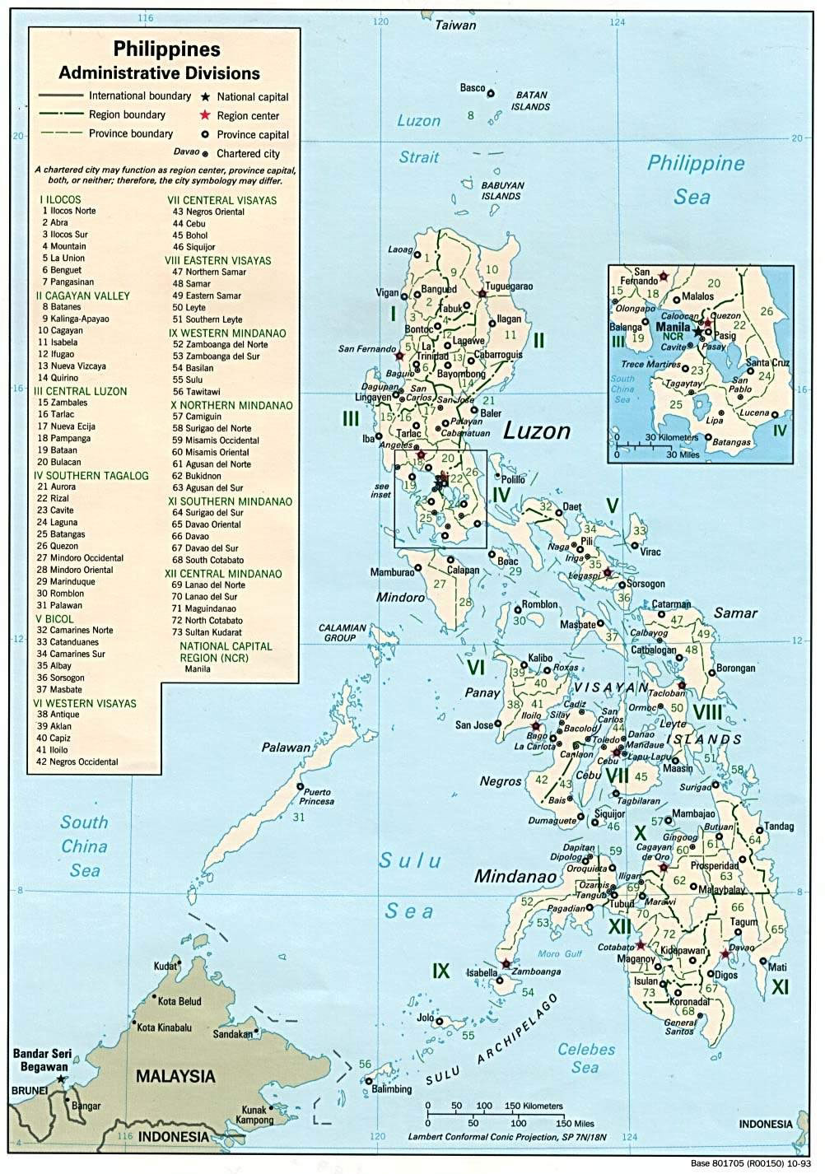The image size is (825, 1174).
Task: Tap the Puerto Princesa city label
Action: point(318,796)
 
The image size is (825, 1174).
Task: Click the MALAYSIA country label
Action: point(175,1075)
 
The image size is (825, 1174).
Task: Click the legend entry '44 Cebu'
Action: point(195,223)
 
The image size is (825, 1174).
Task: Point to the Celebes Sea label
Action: point(586,1058)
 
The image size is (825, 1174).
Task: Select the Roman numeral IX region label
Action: point(441,971)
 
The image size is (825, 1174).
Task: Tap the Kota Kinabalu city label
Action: point(164,1027)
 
